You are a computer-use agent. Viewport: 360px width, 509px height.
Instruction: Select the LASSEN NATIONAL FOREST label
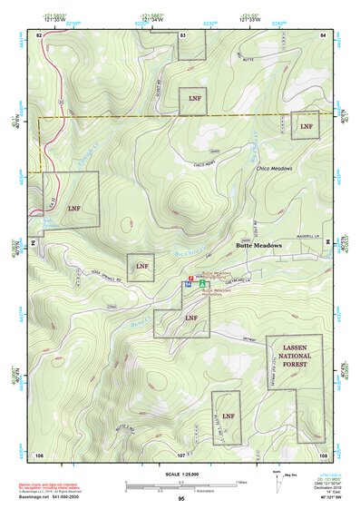click(294, 355)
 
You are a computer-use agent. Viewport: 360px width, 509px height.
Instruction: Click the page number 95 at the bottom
click(181, 499)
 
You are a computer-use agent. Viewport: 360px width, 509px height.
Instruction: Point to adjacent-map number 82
click(39, 34)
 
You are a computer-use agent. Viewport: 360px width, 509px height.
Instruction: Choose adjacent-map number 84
click(323, 34)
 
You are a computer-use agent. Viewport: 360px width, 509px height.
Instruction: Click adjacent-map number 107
click(181, 454)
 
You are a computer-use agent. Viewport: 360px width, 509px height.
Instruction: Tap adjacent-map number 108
click(323, 454)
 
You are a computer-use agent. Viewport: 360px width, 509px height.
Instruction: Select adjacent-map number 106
click(39, 454)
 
